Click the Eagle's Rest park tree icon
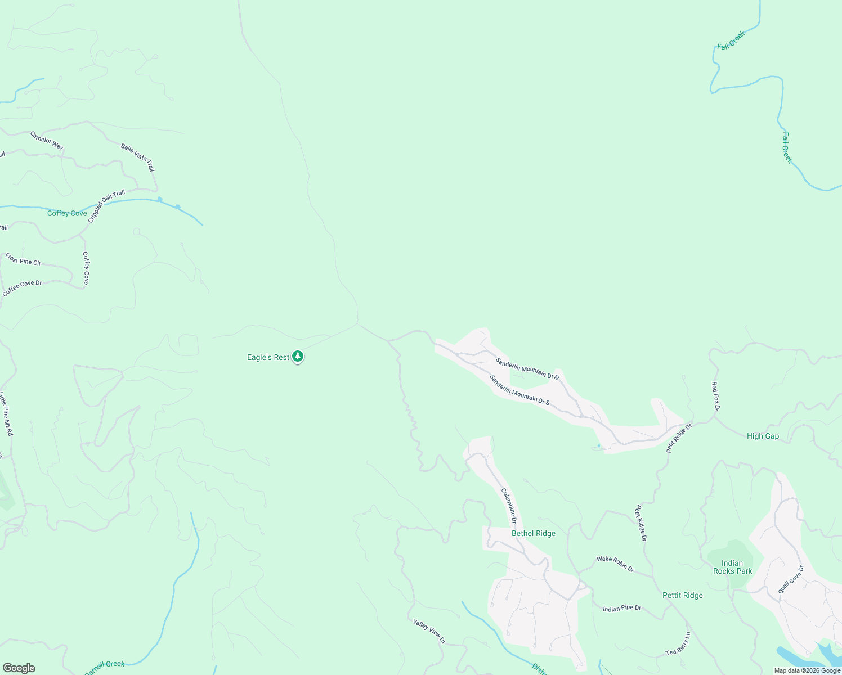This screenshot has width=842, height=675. tap(298, 357)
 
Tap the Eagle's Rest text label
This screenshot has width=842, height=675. tap(268, 357)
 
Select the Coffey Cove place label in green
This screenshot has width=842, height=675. tap(67, 213)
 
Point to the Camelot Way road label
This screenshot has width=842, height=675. tap(47, 140)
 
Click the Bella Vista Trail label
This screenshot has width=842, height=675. tap(137, 157)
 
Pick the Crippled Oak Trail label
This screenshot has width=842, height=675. tap(106, 206)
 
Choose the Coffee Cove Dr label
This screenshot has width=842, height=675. tap(23, 288)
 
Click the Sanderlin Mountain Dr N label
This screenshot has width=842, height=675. tap(527, 368)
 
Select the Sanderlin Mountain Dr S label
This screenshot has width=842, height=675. tap(519, 390)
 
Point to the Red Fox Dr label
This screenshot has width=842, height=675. tap(715, 396)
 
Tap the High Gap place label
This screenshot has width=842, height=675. tap(763, 436)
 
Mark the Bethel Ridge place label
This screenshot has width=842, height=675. tap(533, 533)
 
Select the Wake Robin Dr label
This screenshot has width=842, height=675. tap(615, 564)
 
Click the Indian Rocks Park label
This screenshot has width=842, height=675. tap(732, 567)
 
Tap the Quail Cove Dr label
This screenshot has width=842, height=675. tap(791, 579)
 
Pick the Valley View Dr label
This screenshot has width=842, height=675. tap(429, 631)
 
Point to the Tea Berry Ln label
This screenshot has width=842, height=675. tap(678, 645)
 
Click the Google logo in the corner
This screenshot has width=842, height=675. tap(19, 668)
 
